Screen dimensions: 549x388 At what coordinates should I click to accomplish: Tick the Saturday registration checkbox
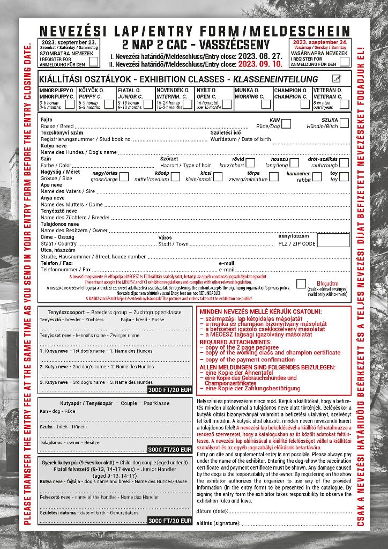[93, 61]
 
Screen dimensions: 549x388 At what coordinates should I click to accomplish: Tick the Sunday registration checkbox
[344, 61]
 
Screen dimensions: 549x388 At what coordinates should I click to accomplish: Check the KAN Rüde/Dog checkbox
[286, 124]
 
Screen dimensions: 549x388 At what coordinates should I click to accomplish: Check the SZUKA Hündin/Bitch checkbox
[344, 124]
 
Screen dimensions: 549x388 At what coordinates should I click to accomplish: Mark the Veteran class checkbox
[344, 104]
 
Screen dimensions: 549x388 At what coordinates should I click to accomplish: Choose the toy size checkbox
[344, 176]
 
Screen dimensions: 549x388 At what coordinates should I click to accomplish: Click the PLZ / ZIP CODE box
[333, 240]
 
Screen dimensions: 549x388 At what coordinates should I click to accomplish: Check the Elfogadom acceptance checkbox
[301, 284]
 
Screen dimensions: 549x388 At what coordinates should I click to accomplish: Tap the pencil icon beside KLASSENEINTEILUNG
[337, 79]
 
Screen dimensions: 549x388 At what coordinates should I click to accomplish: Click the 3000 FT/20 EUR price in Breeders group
[170, 389]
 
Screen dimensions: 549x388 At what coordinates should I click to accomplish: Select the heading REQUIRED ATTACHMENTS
[235, 342]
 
